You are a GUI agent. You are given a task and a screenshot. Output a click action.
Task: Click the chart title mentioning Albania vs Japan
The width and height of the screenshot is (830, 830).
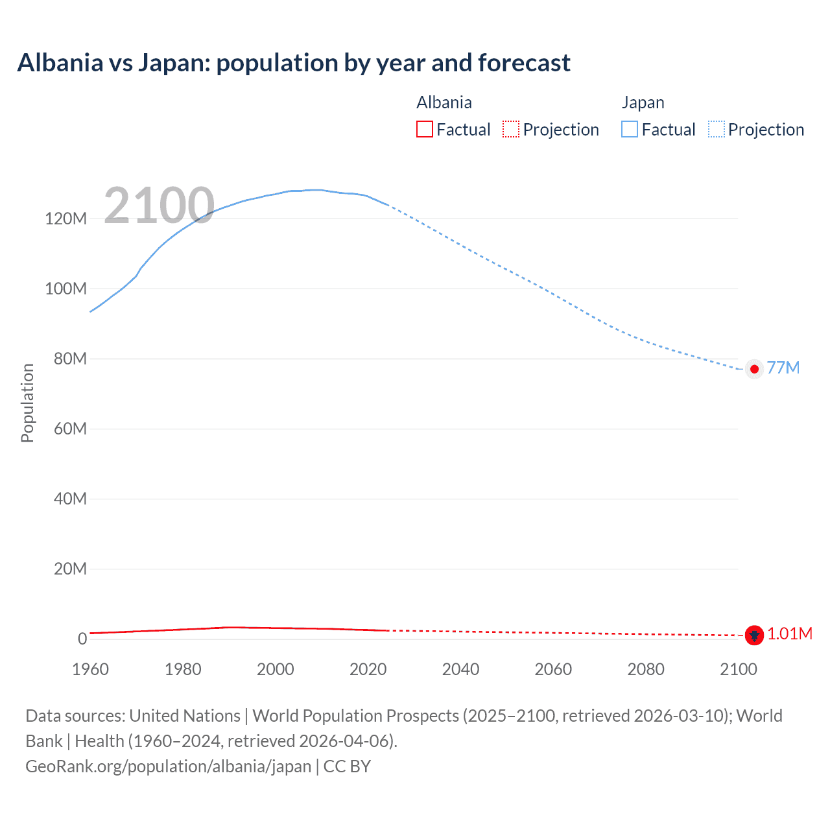point(294,63)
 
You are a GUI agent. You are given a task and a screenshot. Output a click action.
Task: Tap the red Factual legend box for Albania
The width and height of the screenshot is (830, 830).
point(424,129)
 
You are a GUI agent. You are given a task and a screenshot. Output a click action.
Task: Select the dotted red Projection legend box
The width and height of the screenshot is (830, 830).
point(511,129)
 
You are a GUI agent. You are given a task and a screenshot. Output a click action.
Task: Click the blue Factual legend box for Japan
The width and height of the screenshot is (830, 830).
point(630,129)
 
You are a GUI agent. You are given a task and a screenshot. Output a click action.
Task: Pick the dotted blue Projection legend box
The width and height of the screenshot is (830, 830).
point(716,129)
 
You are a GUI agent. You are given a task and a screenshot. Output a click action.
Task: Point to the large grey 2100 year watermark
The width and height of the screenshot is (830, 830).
point(159,206)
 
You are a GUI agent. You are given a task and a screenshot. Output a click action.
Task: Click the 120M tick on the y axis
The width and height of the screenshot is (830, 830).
point(65,219)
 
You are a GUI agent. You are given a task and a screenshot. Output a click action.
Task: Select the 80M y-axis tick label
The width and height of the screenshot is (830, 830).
point(70,359)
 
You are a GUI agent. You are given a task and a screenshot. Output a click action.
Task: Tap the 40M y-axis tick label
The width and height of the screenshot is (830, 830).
point(70,499)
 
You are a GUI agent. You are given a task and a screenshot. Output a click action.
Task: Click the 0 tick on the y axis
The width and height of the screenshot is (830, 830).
point(82,639)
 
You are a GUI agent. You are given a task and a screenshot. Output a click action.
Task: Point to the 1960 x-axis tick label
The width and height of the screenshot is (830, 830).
point(90,669)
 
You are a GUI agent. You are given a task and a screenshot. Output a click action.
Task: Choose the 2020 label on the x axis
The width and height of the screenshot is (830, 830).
point(368,669)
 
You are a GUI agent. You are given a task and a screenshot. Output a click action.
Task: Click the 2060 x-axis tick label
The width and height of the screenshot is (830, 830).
point(553,669)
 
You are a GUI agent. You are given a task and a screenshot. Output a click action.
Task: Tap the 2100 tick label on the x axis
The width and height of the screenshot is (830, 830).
point(738,669)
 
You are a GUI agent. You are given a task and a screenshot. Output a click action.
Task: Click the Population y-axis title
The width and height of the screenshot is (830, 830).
point(27,403)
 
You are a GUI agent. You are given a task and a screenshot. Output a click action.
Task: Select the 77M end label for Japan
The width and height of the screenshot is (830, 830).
point(783,368)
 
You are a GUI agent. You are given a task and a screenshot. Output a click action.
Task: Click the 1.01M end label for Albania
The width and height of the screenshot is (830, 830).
point(790,634)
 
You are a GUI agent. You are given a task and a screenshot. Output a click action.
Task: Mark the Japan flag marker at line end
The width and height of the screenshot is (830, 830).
point(754,369)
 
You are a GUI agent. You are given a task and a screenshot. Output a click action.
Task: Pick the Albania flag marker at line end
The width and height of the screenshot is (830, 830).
point(754,635)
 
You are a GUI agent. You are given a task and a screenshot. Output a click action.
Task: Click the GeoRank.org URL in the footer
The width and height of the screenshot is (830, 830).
point(169,766)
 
